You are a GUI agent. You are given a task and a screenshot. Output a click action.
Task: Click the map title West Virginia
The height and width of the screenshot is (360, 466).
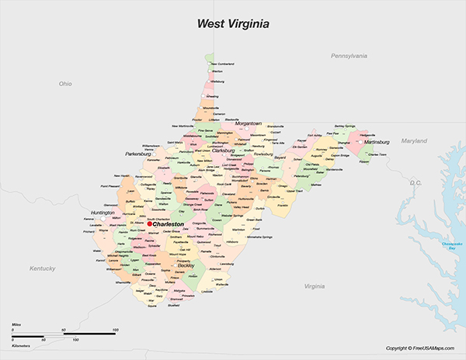point(232,24)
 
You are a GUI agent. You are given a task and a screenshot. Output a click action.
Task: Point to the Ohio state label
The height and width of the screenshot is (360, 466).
point(65,83)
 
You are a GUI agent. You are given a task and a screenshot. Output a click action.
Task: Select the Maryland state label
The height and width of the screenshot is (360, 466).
point(414,141)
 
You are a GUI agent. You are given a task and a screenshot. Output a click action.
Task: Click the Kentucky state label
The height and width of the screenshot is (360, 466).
point(43,268)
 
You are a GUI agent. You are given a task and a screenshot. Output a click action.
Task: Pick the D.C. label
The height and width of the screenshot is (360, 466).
point(414,183)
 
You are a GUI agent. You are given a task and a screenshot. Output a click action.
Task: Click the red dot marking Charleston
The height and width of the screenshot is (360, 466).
point(150,224)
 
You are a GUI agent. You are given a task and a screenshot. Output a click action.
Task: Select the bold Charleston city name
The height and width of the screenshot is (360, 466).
point(169,224)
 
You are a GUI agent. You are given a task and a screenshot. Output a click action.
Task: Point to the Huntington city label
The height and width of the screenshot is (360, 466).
point(103,213)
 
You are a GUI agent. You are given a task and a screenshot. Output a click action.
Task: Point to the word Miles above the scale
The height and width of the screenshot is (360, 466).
point(17,324)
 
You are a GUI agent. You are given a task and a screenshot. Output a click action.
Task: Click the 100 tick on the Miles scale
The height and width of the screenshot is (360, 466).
point(115,331)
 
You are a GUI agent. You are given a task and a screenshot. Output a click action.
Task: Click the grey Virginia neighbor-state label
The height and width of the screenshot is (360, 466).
point(314,286)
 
